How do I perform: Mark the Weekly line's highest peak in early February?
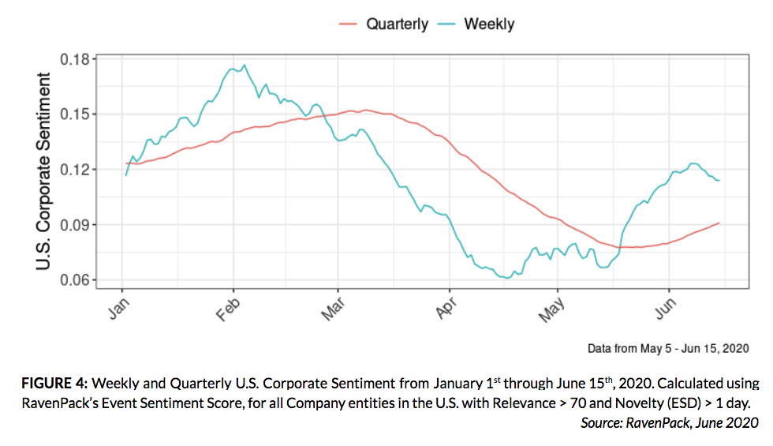point(245,65)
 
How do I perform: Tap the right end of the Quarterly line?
point(719,223)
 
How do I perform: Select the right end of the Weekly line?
point(719,181)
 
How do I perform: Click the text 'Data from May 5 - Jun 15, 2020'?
point(668,348)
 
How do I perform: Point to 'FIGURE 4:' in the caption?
point(54,384)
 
